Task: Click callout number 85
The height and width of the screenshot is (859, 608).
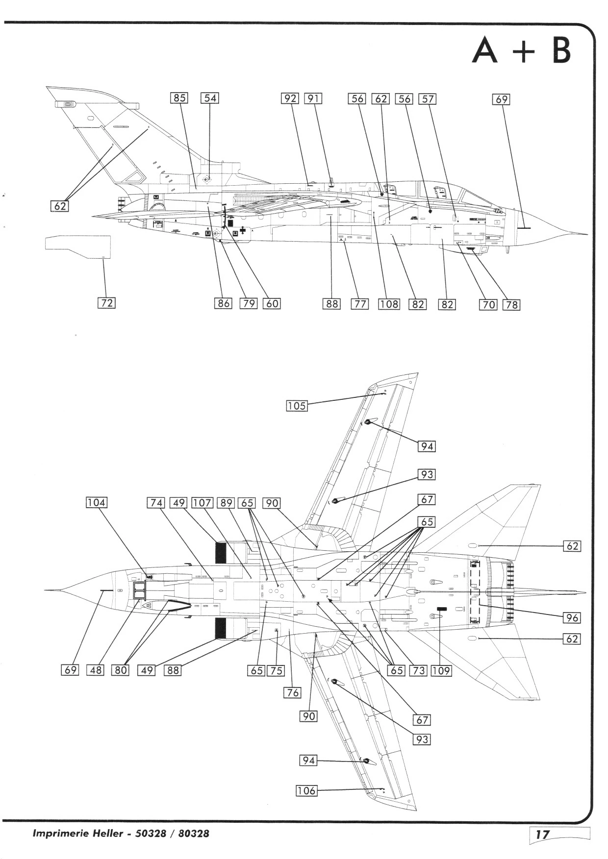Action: click(x=179, y=98)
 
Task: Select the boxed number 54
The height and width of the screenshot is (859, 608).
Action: click(x=210, y=98)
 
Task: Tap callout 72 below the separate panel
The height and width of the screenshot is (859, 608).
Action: click(x=106, y=303)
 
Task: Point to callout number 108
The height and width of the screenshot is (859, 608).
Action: click(x=389, y=304)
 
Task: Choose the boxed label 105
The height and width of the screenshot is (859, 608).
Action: click(x=297, y=406)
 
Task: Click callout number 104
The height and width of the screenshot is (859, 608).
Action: click(x=96, y=502)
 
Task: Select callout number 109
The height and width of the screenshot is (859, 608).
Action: click(x=441, y=670)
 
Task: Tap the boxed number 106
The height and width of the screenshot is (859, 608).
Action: click(x=306, y=790)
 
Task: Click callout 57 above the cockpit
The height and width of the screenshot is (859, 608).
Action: click(x=428, y=99)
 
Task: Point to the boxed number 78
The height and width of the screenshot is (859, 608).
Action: click(x=511, y=305)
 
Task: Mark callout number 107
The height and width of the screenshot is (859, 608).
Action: click(x=202, y=503)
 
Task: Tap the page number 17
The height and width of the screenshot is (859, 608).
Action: click(x=542, y=834)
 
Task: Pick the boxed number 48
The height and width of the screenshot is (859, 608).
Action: click(x=96, y=670)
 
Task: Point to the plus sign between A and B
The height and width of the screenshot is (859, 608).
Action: click(x=524, y=52)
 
